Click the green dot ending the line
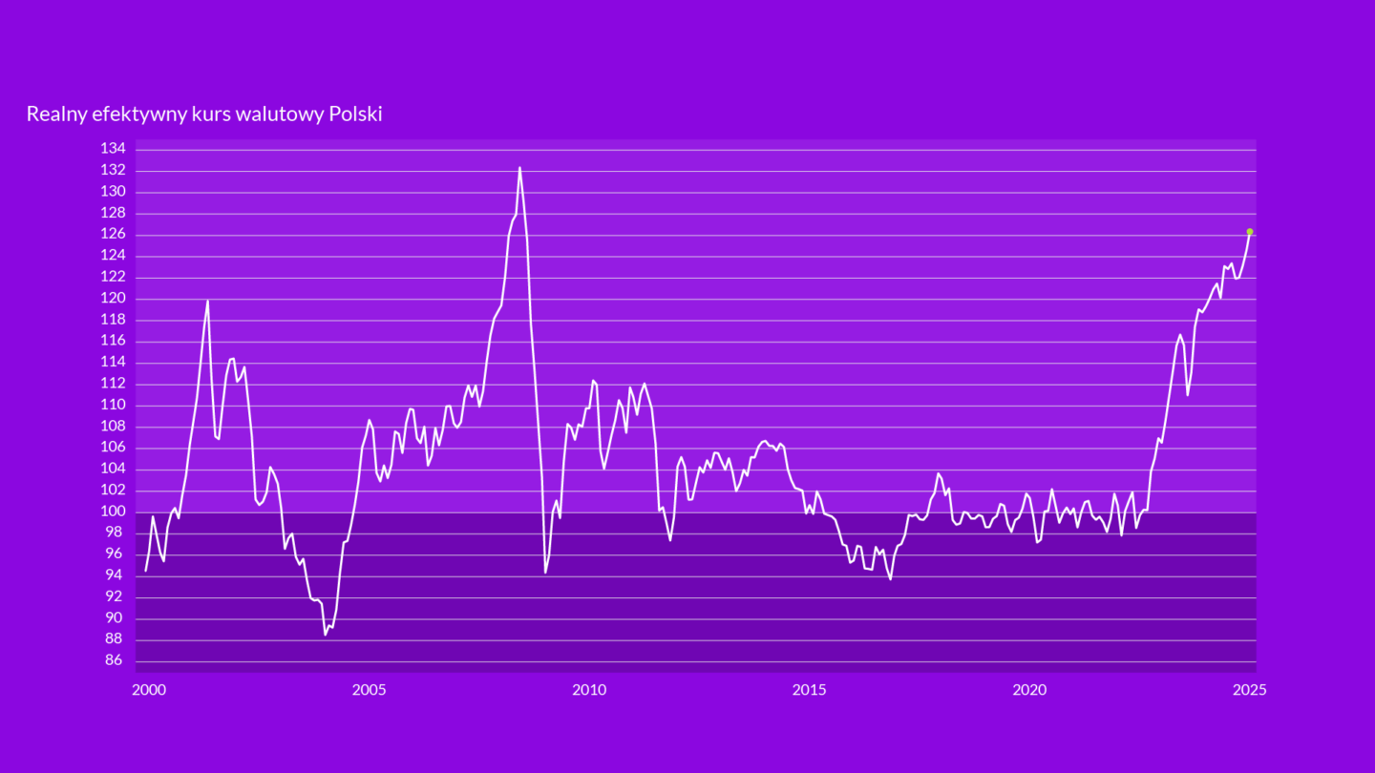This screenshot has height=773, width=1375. pos(1249,232)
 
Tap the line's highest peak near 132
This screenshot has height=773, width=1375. pos(519,168)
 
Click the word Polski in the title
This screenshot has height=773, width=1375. pos(355,115)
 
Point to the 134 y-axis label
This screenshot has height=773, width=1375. pos(113,149)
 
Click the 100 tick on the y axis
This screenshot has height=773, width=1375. pos(113,512)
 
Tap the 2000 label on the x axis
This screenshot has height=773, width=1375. pos(148,689)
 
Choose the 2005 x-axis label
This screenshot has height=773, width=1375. pos(369,689)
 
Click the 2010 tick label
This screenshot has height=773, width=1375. pos(589,689)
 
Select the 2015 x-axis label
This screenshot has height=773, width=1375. pos(810,689)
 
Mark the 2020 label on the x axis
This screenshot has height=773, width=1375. pos(1029,689)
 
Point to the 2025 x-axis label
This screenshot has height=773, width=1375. pos(1249,689)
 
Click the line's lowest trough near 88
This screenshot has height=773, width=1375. pos(326,634)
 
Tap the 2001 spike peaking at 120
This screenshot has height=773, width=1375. pos(207,302)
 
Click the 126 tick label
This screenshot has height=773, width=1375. pos(113,234)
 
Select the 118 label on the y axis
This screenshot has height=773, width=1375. pos(113,320)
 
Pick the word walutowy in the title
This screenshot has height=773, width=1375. pos(284,115)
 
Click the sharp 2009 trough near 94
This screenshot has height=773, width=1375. pos(545,572)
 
